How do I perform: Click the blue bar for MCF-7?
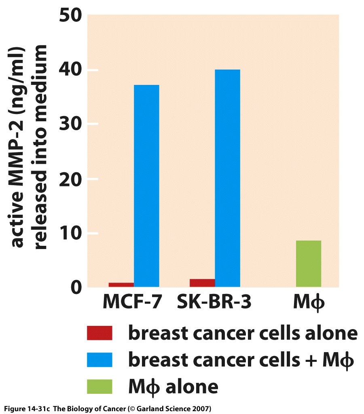click(146, 186)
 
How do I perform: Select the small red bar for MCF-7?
click(121, 285)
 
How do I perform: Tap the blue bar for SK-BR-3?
click(227, 178)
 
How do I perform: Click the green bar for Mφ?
click(309, 264)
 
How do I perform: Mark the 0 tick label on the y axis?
click(77, 287)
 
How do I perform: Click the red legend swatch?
click(99, 334)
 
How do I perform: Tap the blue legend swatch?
click(99, 360)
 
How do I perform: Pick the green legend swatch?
click(99, 386)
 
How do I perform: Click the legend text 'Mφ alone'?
click(173, 386)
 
